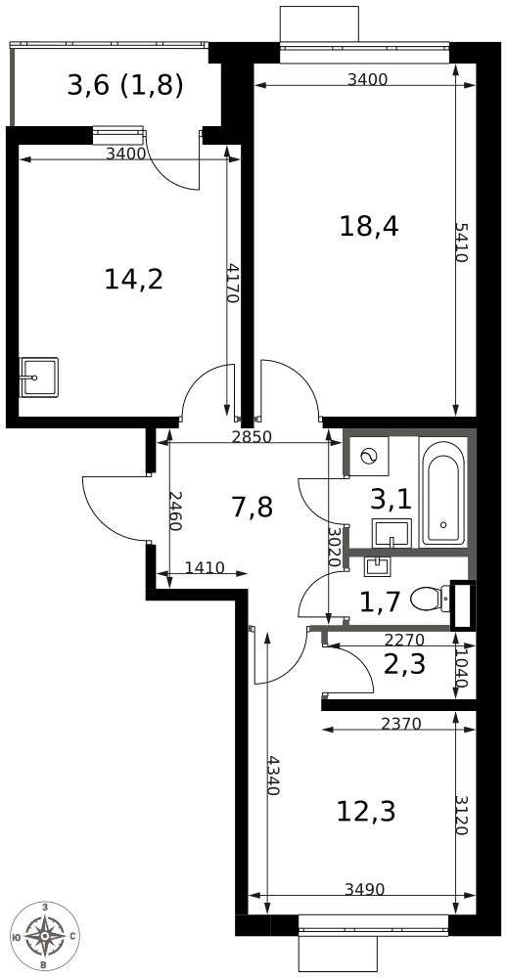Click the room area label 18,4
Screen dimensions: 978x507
pyautogui.click(x=369, y=227)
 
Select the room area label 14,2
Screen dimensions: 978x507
pyautogui.click(x=133, y=280)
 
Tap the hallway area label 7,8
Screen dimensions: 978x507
pyautogui.click(x=252, y=507)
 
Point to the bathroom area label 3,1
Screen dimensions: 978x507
pyautogui.click(x=391, y=500)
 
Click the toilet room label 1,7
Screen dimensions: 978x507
pyautogui.click(x=380, y=601)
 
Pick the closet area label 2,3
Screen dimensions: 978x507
pyautogui.click(x=403, y=665)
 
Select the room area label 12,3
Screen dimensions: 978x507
pyautogui.click(x=366, y=811)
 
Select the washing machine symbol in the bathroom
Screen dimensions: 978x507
pyautogui.click(x=369, y=457)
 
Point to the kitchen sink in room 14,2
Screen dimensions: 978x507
pyautogui.click(x=39, y=378)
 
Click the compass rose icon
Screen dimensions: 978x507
pyautogui.click(x=45, y=936)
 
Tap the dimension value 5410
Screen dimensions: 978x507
pyautogui.click(x=461, y=242)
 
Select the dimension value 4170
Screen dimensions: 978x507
pyautogui.click(x=232, y=283)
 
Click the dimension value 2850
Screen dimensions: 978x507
pyautogui.click(x=252, y=437)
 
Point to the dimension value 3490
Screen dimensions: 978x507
pyautogui.click(x=364, y=889)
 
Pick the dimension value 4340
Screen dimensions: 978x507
pyautogui.click(x=272, y=775)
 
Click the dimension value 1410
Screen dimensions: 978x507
pyautogui.click(x=205, y=567)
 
